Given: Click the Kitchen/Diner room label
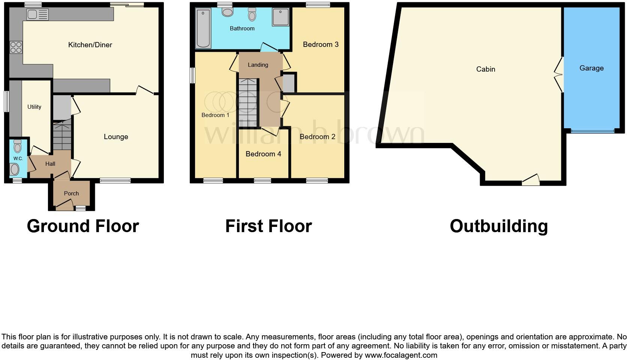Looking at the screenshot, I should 90,45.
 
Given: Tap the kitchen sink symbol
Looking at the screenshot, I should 37,15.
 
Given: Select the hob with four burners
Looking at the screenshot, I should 16,48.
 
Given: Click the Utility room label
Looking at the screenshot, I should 34,107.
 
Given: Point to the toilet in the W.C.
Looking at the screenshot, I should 17,145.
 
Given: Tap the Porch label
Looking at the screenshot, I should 71,193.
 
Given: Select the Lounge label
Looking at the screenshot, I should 116,137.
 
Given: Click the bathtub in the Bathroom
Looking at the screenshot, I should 203,28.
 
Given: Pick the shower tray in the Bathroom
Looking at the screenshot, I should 280,17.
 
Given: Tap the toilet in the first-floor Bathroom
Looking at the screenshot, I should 252,14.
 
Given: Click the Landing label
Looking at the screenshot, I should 258,65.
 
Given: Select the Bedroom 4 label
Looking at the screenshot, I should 263,154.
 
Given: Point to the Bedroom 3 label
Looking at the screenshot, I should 321,45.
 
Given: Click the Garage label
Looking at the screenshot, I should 591,68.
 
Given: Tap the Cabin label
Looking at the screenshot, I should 486,69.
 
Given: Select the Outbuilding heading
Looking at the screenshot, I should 499,226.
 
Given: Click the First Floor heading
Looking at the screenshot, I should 268,226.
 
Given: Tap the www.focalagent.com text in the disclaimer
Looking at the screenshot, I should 401,355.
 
